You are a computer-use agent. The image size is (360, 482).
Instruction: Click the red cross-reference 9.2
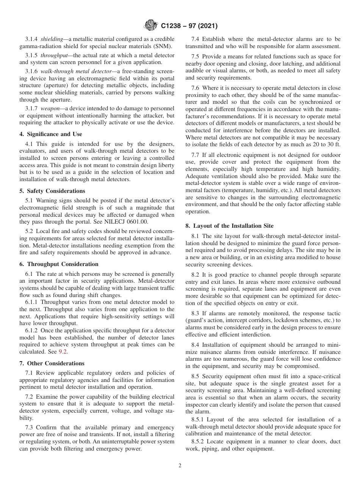[63, 352]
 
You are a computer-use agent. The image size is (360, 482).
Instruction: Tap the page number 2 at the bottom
[180, 466]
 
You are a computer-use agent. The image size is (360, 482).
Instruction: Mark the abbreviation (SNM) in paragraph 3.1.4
[164, 46]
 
